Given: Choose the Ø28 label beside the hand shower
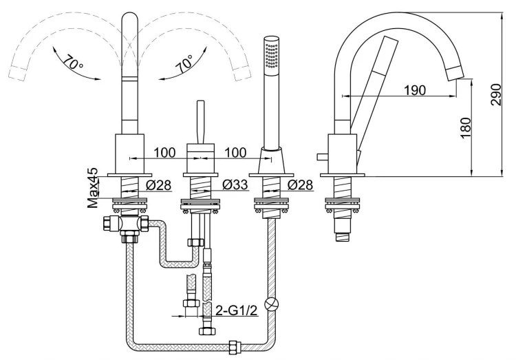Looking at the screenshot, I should click(x=301, y=185).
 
